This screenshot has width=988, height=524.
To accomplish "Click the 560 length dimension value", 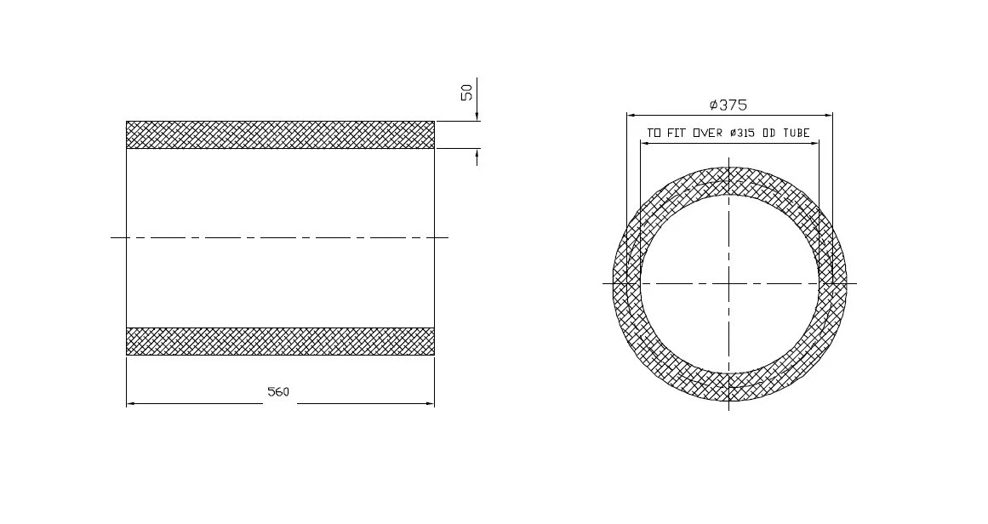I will coord(278,392).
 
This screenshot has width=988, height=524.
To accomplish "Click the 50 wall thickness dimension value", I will coord(467,92).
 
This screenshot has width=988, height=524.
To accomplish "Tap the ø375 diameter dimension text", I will coord(728,105).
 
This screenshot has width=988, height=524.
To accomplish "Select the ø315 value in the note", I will coord(745,134).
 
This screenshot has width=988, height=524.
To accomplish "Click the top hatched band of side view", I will coord(280,134).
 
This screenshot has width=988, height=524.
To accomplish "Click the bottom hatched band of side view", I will coord(280,341).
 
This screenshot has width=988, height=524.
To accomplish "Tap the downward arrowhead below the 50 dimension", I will coord(477,117).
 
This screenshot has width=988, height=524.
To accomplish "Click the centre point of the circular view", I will coord(729,283).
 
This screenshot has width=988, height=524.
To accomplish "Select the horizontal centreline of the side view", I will coord(280,237).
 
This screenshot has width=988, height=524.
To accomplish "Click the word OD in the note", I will coord(772,134).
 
